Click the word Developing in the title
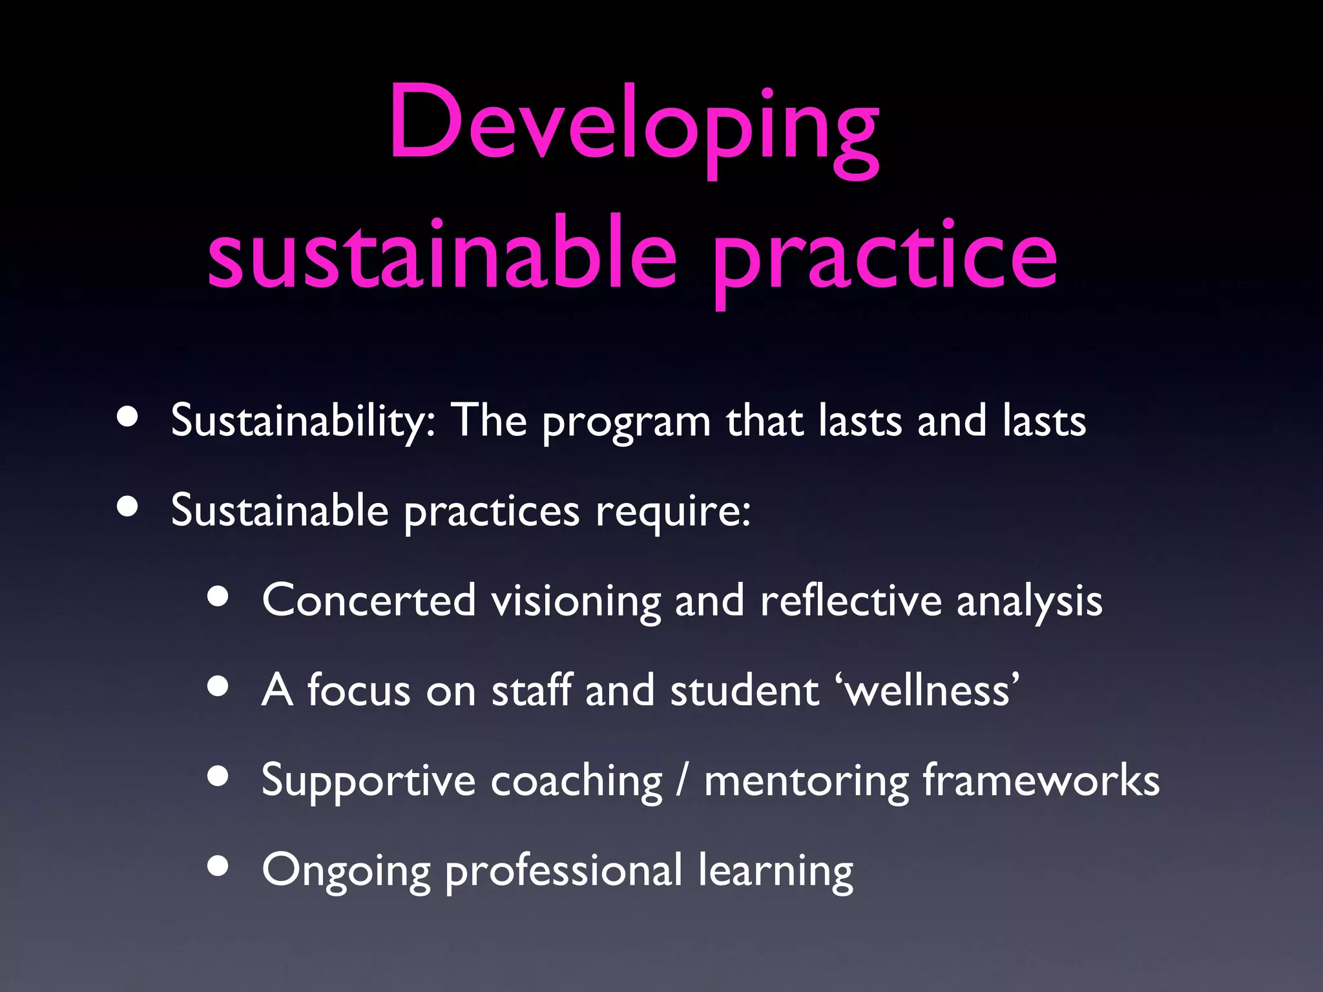pos(633,126)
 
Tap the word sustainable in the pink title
pos(442,255)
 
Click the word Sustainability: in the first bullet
pos(303,422)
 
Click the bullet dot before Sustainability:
pos(128,418)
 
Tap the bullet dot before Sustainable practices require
pos(128,508)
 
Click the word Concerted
pos(369,601)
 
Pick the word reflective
pos(851,601)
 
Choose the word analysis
pos(1029,603)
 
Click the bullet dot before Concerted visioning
pos(218,597)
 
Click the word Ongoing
pos(346,872)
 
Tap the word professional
pos(563,872)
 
